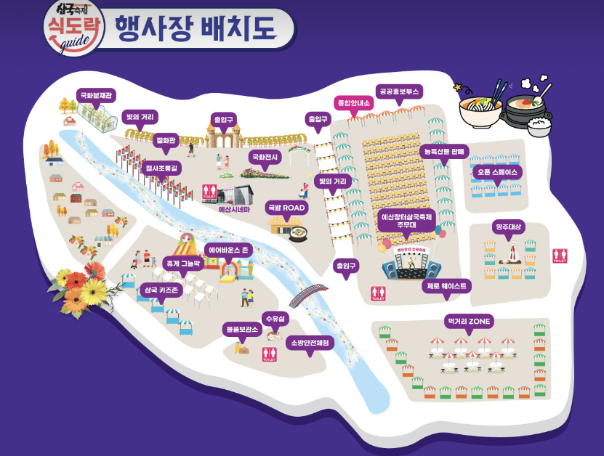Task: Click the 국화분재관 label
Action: (97, 95)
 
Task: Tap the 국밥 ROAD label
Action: (287, 208)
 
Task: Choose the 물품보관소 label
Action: (242, 329)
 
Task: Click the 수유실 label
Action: (276, 319)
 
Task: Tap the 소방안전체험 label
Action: (310, 343)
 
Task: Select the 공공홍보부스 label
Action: (400, 92)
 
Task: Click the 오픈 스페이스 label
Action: (498, 173)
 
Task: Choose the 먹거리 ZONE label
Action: (469, 321)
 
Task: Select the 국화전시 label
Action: (265, 156)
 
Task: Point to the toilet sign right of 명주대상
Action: (560, 256)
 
